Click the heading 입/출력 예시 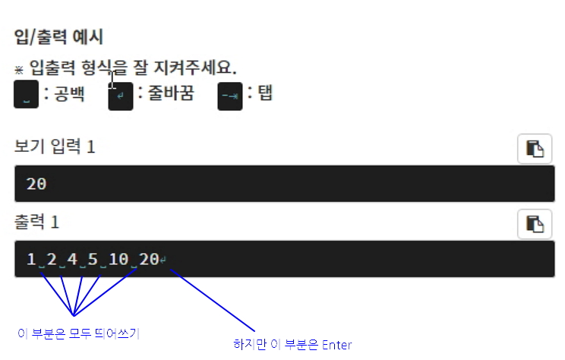coord(58,36)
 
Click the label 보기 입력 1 coord(55,147)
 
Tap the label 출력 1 coord(36,223)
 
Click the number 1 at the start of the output coord(31,260)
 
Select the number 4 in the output coord(72,260)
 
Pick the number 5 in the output coord(93,260)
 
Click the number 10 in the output coord(118,260)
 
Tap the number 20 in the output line coord(149,260)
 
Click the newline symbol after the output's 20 coord(164,261)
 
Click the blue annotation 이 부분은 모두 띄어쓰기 coord(78,333)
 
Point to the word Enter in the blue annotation coord(336,345)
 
